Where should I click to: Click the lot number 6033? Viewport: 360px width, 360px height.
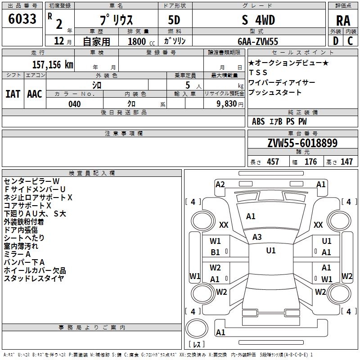click(22, 19)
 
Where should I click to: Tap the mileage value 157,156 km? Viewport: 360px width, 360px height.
click(53, 64)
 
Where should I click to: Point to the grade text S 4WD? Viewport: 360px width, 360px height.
click(259, 20)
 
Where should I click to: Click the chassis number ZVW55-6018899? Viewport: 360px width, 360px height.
click(302, 144)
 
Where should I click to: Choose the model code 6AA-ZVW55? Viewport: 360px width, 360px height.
click(258, 41)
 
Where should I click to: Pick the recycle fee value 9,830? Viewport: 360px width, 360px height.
click(227, 104)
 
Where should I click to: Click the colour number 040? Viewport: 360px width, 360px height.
click(75, 104)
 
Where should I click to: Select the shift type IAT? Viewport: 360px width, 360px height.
click(13, 94)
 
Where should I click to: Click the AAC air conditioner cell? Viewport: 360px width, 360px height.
click(35, 94)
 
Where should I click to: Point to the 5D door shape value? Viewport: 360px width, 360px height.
click(175, 20)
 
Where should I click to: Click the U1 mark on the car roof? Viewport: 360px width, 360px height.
click(271, 251)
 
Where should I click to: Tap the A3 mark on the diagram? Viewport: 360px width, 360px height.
click(257, 237)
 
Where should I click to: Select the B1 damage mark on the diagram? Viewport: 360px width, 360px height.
click(216, 253)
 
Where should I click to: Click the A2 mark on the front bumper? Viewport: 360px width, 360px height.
click(220, 184)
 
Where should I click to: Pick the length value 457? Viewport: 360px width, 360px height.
click(273, 162)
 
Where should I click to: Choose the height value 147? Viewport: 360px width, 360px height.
click(346, 162)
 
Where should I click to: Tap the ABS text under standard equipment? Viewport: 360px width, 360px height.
click(258, 121)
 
